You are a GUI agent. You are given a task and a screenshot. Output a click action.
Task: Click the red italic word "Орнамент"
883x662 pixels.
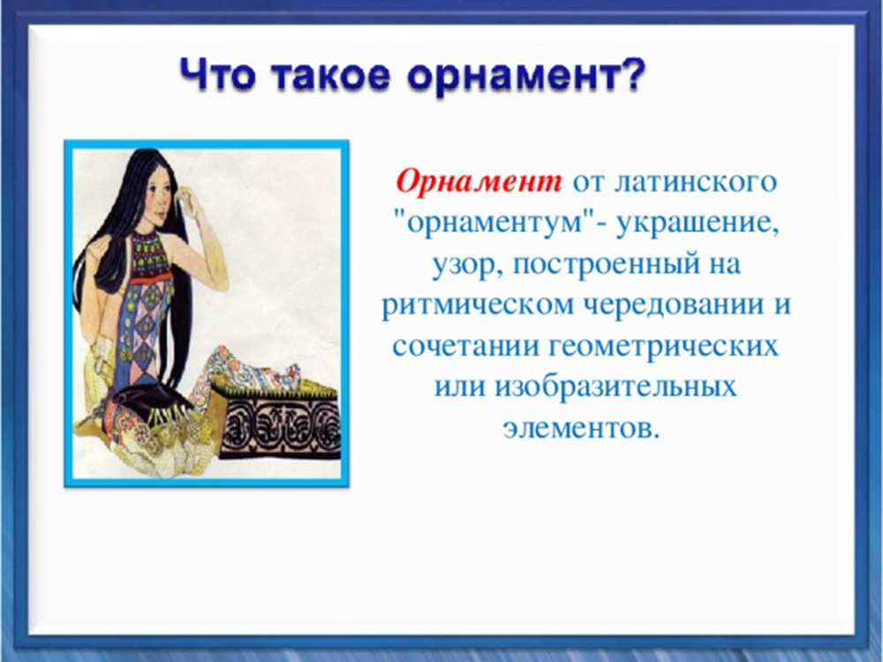479,182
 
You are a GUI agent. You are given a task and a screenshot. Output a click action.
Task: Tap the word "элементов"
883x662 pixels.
580,429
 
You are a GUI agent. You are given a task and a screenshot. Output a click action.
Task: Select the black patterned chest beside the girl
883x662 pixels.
280,417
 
